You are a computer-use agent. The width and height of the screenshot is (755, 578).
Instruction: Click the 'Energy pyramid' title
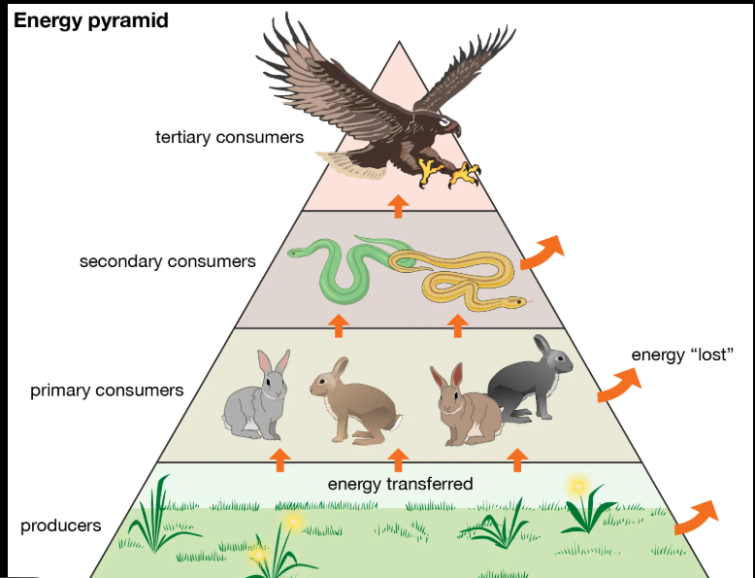pyautogui.click(x=91, y=19)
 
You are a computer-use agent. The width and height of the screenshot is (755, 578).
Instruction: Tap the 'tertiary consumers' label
pyautogui.click(x=229, y=137)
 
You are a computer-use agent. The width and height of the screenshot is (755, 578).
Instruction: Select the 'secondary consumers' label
pyautogui.click(x=168, y=261)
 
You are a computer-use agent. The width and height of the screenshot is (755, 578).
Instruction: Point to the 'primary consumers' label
pyautogui.click(x=107, y=391)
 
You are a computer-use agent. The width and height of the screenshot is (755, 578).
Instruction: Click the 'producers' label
pyautogui.click(x=60, y=526)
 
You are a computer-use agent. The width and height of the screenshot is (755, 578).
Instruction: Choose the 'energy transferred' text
pyautogui.click(x=400, y=484)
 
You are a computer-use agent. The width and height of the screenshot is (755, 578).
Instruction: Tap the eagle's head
pyautogui.click(x=445, y=125)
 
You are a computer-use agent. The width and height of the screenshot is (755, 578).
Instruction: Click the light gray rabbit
pyautogui.click(x=257, y=398)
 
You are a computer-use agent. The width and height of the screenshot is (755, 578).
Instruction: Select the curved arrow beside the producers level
pyautogui.click(x=695, y=516)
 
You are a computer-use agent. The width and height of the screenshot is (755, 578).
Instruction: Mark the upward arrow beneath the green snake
pyautogui.click(x=338, y=324)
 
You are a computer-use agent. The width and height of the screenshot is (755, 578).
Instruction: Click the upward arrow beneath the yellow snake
pyautogui.click(x=457, y=324)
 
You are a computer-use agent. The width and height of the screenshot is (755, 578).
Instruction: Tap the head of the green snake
pyautogui.click(x=295, y=253)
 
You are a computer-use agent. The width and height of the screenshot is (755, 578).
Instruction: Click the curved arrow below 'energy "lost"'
pyautogui.click(x=617, y=386)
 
